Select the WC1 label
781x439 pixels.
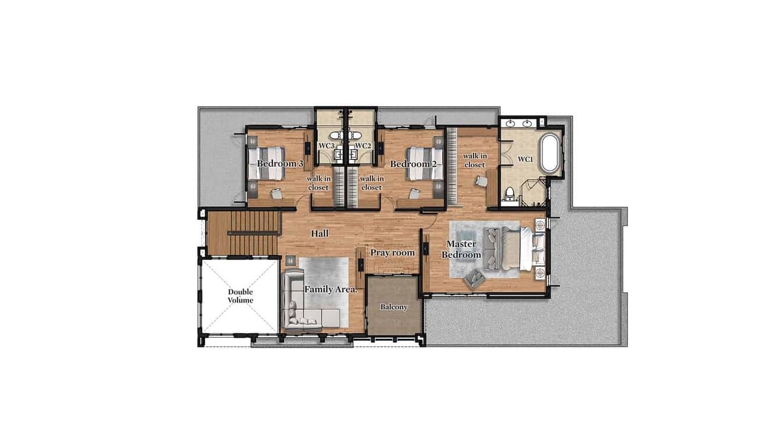click(x=526, y=159)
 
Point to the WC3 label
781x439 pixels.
click(x=326, y=146)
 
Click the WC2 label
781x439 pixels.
click(x=363, y=146)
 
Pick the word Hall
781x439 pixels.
click(x=319, y=233)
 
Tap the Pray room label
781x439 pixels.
click(x=392, y=253)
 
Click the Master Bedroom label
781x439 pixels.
click(x=461, y=249)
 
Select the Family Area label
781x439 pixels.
click(x=330, y=289)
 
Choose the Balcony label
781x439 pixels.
click(x=394, y=307)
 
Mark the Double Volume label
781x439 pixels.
click(x=240, y=296)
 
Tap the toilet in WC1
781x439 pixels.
click(x=510, y=194)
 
